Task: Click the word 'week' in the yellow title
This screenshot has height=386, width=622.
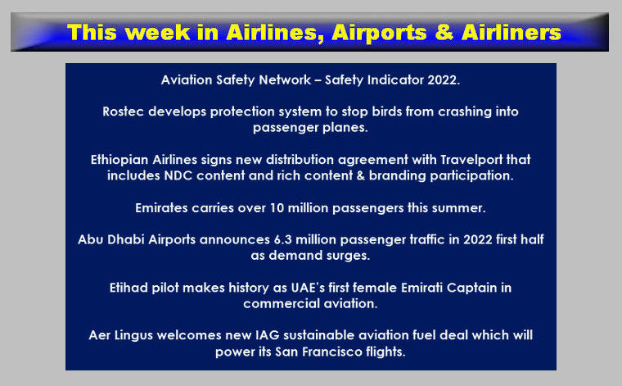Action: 160,32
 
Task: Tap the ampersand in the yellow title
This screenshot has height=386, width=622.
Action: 444,32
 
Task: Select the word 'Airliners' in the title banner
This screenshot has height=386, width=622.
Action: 512,32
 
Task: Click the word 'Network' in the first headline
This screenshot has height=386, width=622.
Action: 285,79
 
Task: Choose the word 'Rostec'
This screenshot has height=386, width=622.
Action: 123,111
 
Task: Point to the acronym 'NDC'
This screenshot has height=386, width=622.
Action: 178,175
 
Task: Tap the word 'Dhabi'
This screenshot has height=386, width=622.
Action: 125,239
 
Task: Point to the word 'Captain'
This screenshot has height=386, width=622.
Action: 471,288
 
